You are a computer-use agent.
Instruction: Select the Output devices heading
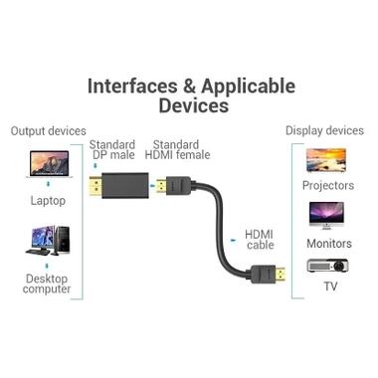[x=48, y=131]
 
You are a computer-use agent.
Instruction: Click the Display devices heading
[x=324, y=131]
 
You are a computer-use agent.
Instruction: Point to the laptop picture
[x=48, y=164]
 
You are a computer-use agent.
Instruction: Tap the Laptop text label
[x=48, y=200]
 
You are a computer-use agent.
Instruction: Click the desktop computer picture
[x=48, y=245]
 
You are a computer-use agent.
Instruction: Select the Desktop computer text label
[x=48, y=283]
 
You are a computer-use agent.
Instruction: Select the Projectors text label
[x=327, y=186]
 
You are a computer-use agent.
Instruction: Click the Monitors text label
[x=328, y=244]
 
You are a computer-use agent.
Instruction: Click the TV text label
[x=329, y=287]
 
